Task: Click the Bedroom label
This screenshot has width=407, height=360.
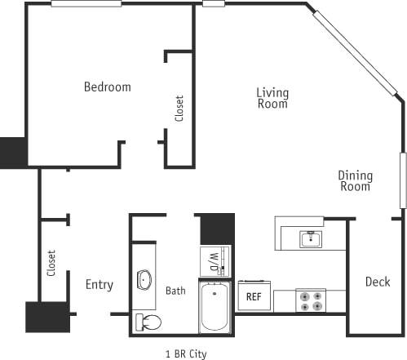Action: pos(107,87)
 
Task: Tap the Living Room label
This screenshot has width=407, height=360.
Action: pos(272,98)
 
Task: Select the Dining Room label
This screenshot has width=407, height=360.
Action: pos(356,180)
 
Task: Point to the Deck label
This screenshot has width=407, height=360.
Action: pos(377,282)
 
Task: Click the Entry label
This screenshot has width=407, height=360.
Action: pos(100,285)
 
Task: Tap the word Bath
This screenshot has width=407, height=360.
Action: pos(175,291)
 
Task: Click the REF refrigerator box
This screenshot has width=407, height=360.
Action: pos(254,296)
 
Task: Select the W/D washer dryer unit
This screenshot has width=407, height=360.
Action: pos(213,261)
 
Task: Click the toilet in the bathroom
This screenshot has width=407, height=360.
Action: pos(148,321)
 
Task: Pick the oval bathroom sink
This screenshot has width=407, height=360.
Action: pos(144,280)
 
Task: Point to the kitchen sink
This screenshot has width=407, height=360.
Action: pos(309,238)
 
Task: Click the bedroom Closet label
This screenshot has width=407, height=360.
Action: pos(179,109)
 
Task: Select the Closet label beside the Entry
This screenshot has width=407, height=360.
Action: pos(51,263)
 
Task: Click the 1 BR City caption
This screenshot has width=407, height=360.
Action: pos(186,353)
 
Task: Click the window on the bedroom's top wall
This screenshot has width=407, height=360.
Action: pos(86,4)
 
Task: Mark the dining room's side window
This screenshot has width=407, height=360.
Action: pos(402,180)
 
